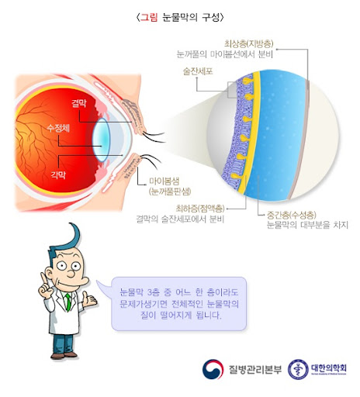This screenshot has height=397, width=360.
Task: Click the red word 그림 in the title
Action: (x=149, y=17)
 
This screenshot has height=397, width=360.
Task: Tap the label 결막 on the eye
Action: (x=79, y=103)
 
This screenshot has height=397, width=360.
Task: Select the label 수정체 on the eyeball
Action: (x=58, y=128)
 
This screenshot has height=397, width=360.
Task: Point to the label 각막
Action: (x=58, y=175)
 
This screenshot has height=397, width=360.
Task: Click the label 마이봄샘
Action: (x=164, y=181)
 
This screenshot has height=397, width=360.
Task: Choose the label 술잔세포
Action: (x=198, y=71)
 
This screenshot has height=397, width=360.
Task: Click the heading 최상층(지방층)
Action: (x=249, y=43)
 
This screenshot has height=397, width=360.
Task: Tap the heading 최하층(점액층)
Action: (x=200, y=209)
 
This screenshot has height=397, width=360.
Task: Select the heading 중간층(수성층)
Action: (x=292, y=215)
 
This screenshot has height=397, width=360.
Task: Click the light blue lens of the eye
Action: (x=102, y=140)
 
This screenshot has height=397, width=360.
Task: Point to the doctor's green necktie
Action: (x=68, y=302)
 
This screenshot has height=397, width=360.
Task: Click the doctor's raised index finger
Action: (x=43, y=280)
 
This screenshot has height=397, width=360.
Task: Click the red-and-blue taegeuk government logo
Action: (x=213, y=369)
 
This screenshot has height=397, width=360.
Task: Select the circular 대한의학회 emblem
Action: (x=298, y=369)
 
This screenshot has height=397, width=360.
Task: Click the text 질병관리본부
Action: (x=255, y=369)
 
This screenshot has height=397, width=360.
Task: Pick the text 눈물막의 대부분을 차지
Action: (x=307, y=225)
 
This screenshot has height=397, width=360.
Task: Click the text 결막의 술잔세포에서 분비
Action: (x=180, y=219)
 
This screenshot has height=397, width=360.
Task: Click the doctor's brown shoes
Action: (x=64, y=354)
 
